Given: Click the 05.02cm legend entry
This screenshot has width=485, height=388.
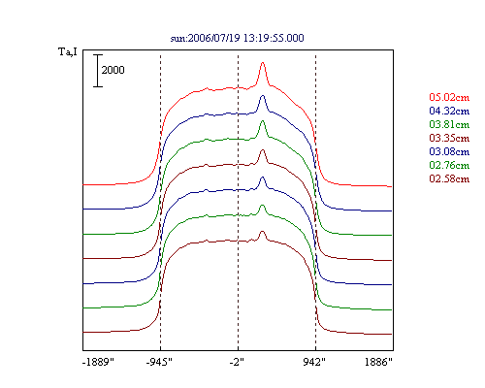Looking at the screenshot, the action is pos(449,97).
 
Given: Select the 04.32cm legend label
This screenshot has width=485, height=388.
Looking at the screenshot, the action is pos(449,111).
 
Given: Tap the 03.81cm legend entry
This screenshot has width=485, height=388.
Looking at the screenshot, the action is pos(449,124).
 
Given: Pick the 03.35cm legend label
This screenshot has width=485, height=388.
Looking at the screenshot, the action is pos(449,138).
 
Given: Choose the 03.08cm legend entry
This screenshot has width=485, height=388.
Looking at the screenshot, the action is pos(449,151).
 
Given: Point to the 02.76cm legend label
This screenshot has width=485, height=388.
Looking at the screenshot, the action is pos(449,165).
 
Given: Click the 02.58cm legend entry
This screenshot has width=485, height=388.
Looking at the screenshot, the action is pos(449,178).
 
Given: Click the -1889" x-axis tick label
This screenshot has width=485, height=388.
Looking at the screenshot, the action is pos(99,362).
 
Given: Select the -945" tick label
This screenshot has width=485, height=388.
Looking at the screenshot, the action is pos(159,362).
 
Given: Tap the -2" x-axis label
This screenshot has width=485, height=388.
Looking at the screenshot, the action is pos(237,362).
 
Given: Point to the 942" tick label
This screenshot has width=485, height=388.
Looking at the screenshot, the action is pos(314,362).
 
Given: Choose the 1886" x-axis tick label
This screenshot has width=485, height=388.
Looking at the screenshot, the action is pos(378,362).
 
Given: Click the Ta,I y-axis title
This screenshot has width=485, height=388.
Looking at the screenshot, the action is pos(68,51).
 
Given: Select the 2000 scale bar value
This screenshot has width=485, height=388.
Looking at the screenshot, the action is pos(113,70).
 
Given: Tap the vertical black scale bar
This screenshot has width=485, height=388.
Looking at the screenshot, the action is pos(98,71).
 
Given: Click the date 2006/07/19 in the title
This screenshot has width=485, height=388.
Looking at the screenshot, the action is pos(213,38).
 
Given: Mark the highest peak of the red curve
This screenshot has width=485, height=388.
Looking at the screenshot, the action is pos(263,62).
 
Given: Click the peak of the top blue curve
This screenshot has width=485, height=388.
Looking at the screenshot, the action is pos(263,96).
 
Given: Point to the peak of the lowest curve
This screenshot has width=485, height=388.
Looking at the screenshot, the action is pos(262,231).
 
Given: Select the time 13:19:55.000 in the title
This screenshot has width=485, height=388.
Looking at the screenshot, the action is pos(274,38).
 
